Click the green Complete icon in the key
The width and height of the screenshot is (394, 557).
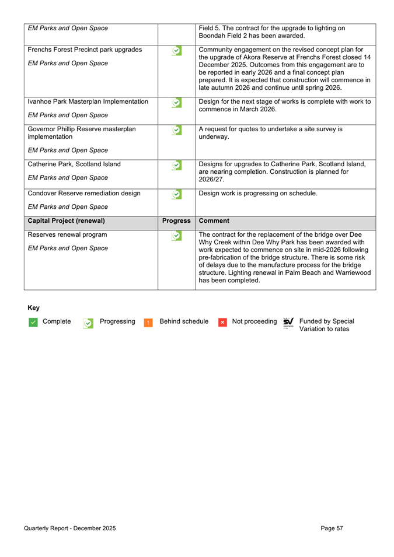tap(32, 323)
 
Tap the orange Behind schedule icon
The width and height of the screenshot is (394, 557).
tap(148, 323)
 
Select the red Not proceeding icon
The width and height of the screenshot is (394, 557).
tap(222, 323)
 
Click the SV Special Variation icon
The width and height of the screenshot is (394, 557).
tap(288, 323)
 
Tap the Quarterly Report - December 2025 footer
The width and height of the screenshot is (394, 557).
tap(69, 528)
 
